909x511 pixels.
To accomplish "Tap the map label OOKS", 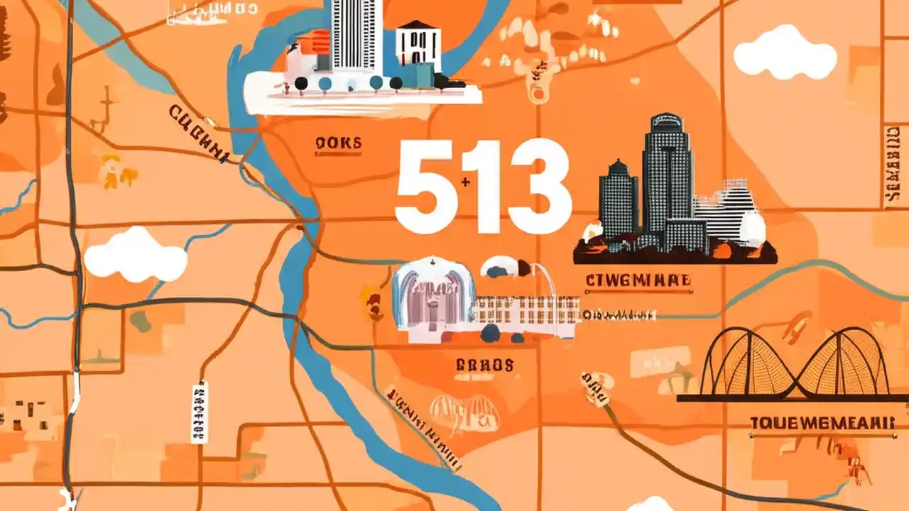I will click(x=337, y=144).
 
